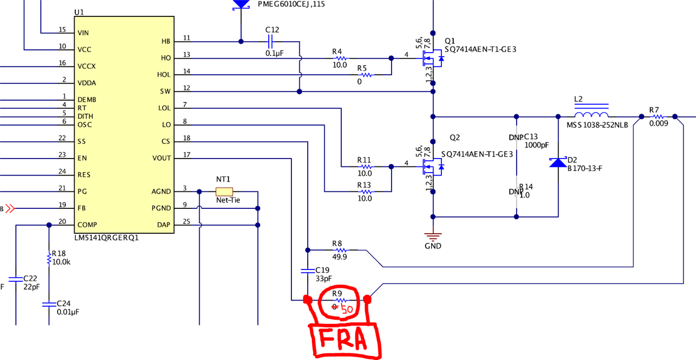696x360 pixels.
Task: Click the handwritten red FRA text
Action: coord(343,340)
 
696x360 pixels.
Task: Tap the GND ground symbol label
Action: coord(433,246)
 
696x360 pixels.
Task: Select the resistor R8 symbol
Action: coord(339,249)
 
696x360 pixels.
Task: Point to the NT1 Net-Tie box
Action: coord(224,191)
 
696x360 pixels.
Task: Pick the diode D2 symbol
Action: coord(558,163)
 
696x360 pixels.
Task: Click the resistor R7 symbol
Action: coord(658,117)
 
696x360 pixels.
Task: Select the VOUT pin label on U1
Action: coord(161,158)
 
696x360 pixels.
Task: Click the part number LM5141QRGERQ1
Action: coord(106,238)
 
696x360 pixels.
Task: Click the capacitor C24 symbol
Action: coord(49,305)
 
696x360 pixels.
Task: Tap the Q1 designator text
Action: coord(450,41)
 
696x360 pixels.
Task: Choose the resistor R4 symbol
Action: coord(339,58)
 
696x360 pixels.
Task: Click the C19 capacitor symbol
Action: coord(308,270)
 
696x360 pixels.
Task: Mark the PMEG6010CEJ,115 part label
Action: coord(291,4)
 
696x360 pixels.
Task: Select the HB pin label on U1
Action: coord(165,41)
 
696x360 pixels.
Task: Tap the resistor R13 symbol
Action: coord(365,192)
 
